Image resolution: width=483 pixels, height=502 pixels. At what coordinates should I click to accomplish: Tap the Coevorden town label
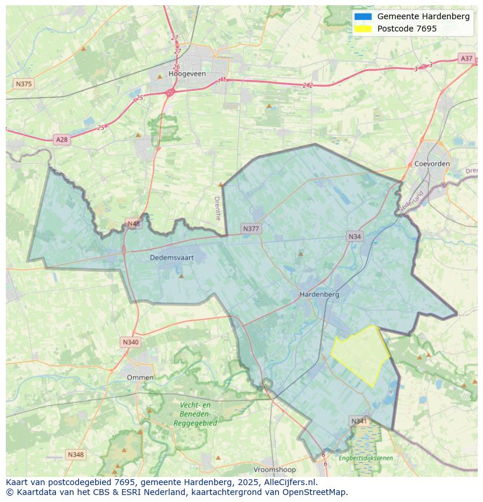432,164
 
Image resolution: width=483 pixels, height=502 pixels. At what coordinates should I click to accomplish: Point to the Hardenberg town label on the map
319,294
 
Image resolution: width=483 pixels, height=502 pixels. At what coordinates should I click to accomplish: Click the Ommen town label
140,377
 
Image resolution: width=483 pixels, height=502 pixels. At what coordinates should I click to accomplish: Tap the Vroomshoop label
275,469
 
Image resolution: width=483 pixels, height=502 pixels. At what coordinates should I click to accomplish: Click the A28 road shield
61,139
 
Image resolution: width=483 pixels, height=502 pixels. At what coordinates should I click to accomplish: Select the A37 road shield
466,58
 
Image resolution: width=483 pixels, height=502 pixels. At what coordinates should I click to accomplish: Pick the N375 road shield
23,84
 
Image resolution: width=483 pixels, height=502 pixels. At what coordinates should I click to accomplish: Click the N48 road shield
134,224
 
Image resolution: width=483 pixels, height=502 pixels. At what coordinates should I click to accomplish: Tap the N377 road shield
251,229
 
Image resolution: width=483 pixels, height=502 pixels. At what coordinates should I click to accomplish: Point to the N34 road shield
354,236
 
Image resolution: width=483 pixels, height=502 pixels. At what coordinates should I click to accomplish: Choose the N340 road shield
131,342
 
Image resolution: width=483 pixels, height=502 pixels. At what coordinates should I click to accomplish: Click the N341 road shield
359,421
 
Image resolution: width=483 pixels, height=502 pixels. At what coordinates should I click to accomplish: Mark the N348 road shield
75,454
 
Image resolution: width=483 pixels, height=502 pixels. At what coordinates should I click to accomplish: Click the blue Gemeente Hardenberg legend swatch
362,16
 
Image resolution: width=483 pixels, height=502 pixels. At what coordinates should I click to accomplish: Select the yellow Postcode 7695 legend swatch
362,29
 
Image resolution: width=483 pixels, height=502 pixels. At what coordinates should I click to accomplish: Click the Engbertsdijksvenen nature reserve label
366,458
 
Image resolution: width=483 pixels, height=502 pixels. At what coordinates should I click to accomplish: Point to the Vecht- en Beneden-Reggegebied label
195,414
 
